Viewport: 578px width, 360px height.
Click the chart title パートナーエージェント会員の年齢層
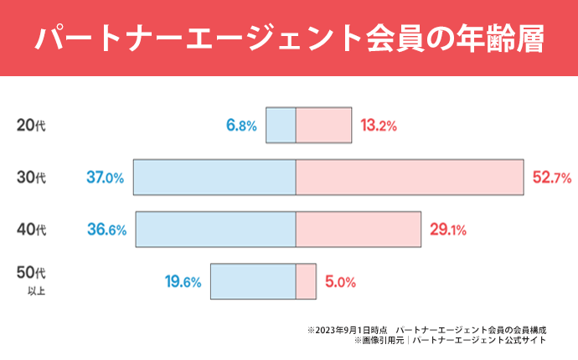[x=289, y=39]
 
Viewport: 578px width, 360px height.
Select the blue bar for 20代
[x=281, y=126]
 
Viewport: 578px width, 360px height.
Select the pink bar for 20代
[x=323, y=126]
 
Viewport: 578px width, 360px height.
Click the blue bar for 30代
[x=214, y=177]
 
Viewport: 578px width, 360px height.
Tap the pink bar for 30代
[x=410, y=177]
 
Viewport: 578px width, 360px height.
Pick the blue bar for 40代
[x=215, y=229]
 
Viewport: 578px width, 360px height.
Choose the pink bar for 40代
[x=358, y=229]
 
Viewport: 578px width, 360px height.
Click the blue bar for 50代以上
[x=253, y=281]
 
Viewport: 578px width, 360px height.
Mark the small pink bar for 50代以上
[x=306, y=281]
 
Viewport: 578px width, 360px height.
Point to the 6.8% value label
[x=240, y=126]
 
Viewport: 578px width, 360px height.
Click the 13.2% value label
[x=378, y=126]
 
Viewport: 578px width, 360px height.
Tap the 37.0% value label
[x=105, y=177]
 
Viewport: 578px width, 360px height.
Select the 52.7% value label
[x=551, y=177]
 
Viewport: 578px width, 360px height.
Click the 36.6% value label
[x=106, y=229]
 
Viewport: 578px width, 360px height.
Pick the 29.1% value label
[x=448, y=229]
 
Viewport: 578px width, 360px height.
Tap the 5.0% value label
[x=341, y=282]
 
